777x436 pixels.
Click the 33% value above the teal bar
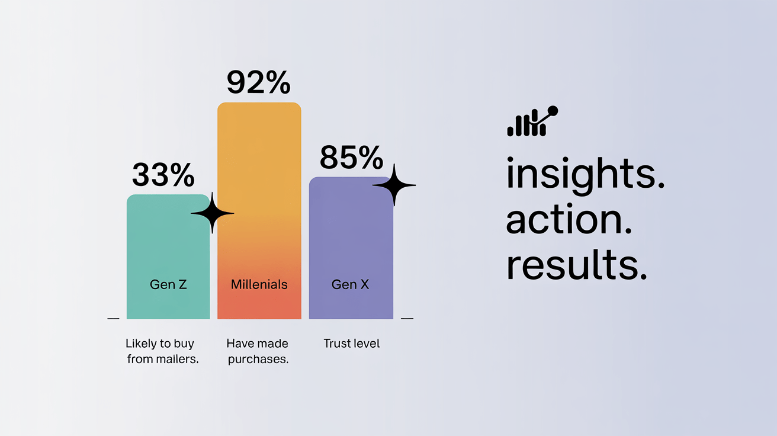[163, 175]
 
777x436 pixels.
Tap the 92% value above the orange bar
[258, 82]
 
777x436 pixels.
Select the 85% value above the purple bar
[351, 158]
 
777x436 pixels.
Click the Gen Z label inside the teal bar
[168, 284]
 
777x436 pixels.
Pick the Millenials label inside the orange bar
[259, 284]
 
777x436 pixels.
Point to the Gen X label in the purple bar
[350, 284]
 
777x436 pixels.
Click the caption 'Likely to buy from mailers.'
[162, 351]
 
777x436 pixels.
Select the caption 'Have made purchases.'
[258, 351]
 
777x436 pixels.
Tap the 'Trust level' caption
[351, 344]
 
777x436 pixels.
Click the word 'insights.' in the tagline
[586, 173]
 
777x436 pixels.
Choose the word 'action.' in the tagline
[569, 219]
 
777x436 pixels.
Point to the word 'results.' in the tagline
[576, 264]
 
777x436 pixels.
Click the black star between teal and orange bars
[212, 213]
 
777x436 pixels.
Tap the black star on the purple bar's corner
[394, 185]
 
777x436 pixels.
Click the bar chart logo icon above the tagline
[532, 121]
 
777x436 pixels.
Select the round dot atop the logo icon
[553, 111]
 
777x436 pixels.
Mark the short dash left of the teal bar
[114, 318]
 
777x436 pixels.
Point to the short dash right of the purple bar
[407, 318]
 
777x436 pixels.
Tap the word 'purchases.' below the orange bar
[258, 360]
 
